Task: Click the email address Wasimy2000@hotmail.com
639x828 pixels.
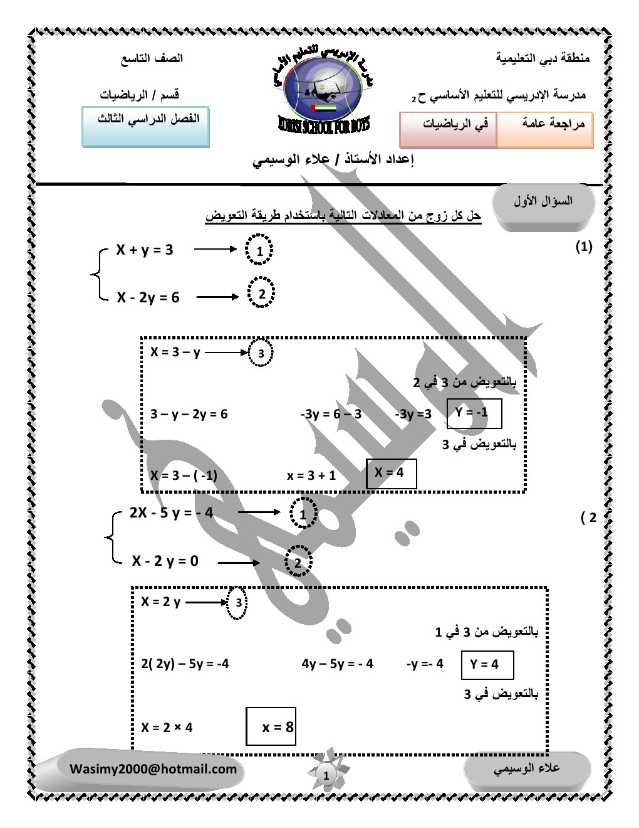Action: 153,769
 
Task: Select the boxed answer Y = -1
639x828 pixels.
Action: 475,413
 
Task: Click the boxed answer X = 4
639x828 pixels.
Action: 392,473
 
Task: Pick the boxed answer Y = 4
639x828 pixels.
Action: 487,665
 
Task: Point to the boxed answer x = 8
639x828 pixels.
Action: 271,726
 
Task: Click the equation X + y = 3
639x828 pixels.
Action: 144,250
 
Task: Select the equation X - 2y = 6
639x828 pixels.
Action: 148,297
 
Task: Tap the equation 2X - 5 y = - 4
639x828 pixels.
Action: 171,513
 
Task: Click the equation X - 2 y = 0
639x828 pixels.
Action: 165,560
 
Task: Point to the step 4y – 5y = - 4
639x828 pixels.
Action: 337,664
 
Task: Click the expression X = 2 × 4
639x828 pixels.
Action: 167,728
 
